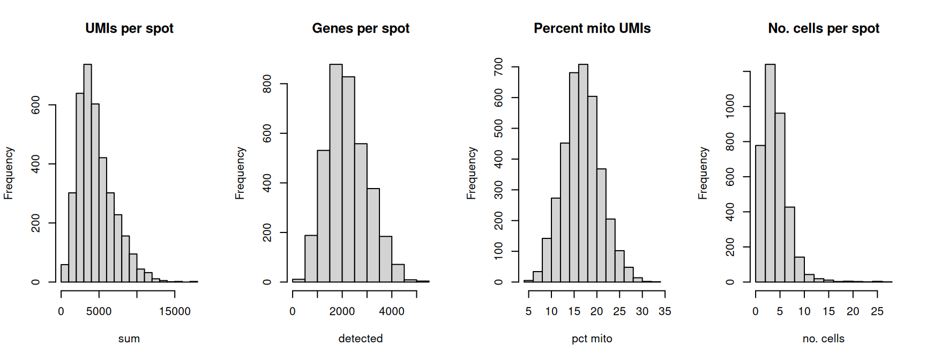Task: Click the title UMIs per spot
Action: click(x=129, y=28)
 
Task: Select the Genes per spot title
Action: click(x=361, y=28)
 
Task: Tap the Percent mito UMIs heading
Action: click(x=592, y=28)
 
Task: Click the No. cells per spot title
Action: click(x=824, y=28)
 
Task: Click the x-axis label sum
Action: click(x=129, y=339)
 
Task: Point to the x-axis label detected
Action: click(x=361, y=339)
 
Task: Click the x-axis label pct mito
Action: click(x=592, y=339)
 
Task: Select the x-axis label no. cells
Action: click(x=824, y=339)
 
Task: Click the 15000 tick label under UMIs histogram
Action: click(x=175, y=312)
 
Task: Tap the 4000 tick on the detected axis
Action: click(x=392, y=312)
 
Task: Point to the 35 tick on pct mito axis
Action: click(x=665, y=312)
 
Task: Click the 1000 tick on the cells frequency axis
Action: click(x=730, y=106)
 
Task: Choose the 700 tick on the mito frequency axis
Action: click(x=498, y=67)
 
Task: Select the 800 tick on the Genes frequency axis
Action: click(x=267, y=84)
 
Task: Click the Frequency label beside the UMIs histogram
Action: click(x=8, y=173)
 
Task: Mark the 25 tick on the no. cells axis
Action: click(x=877, y=312)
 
